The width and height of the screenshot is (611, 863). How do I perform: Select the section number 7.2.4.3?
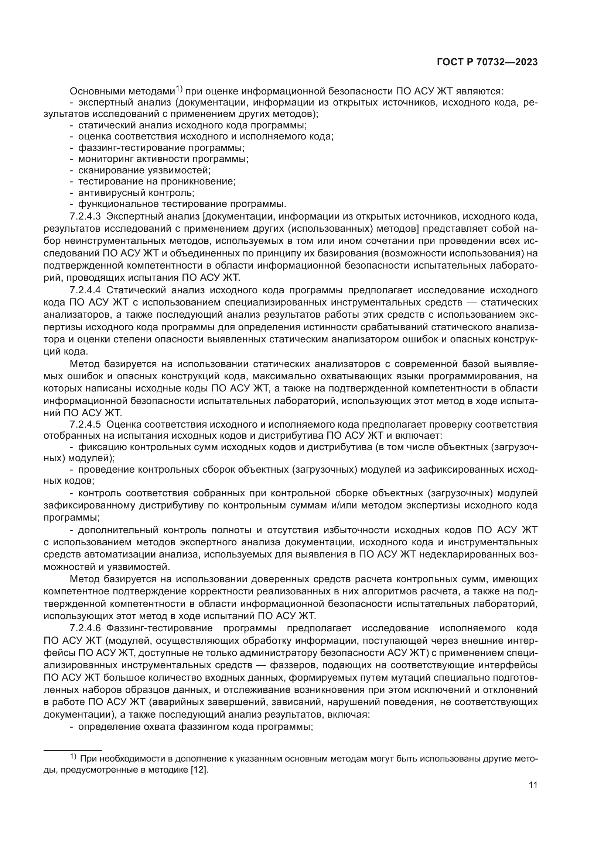(x=85, y=217)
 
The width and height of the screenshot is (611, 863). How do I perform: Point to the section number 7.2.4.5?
(x=85, y=424)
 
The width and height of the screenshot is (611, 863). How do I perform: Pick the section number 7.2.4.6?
(x=85, y=628)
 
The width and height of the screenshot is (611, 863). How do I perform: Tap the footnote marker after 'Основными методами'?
(x=179, y=89)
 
